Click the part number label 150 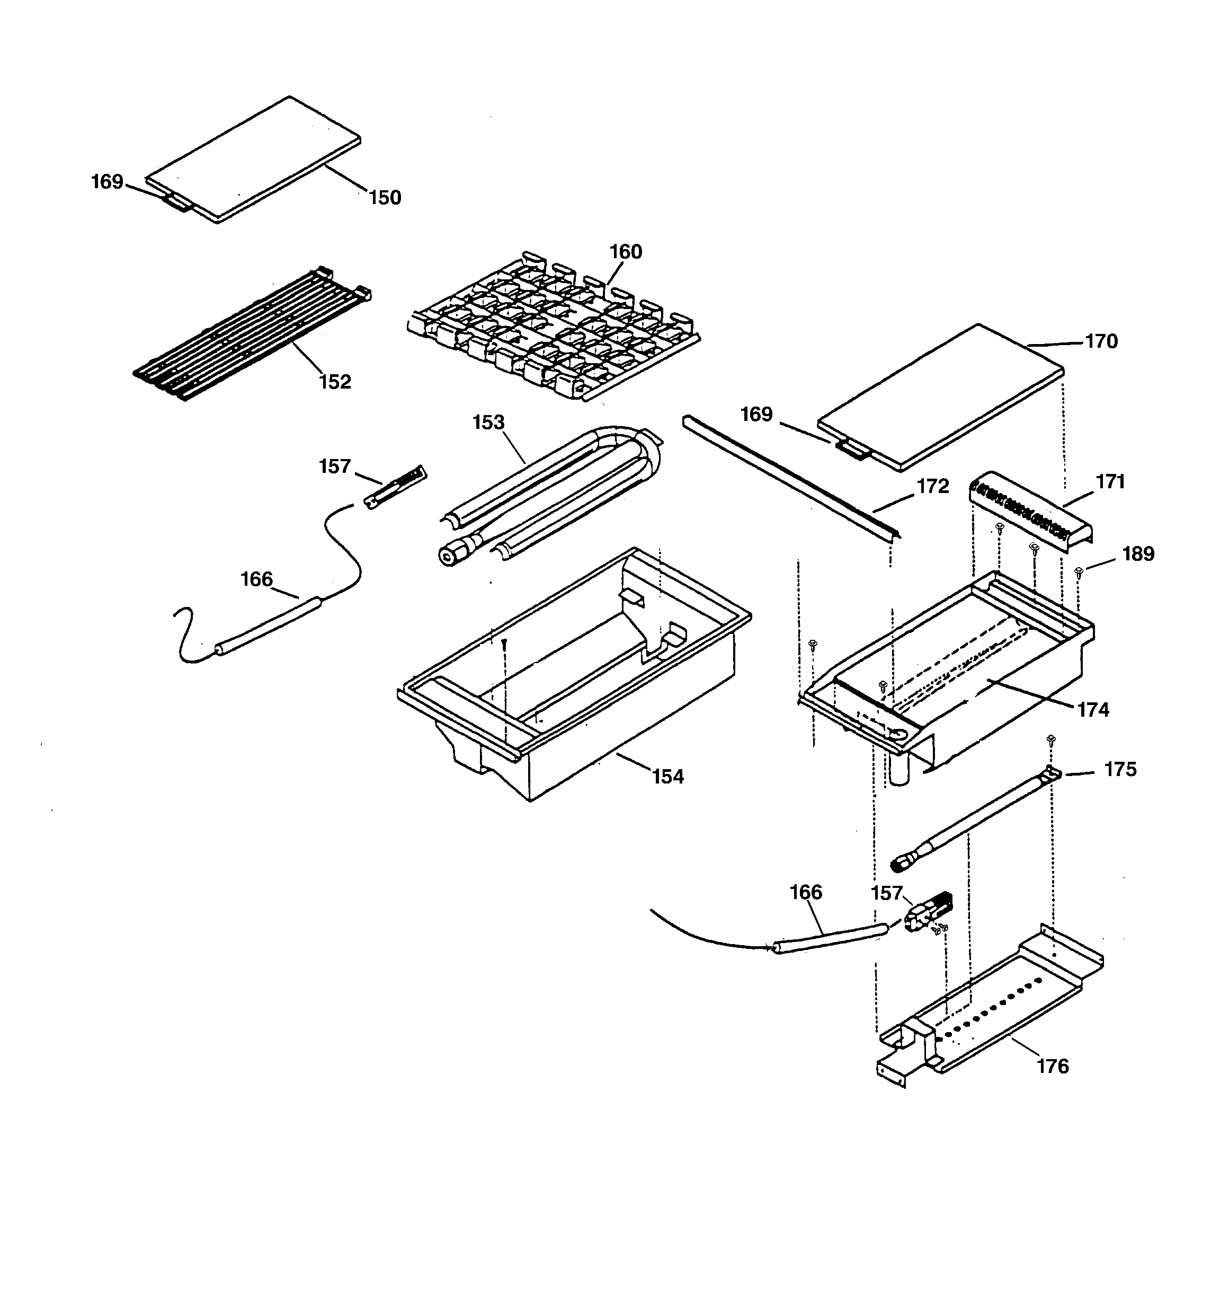[x=385, y=197]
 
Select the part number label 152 [x=335, y=382]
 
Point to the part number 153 [x=488, y=422]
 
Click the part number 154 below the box [x=668, y=777]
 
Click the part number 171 [x=1110, y=482]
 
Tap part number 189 [x=1138, y=554]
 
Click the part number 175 [x=1120, y=770]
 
